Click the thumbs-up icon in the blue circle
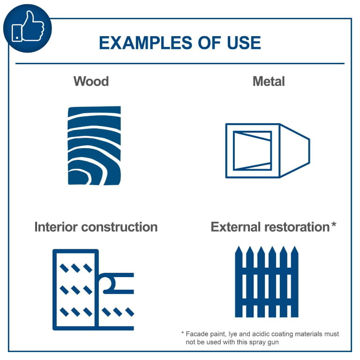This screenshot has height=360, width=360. pos(28,26)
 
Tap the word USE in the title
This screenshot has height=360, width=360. pos(244,43)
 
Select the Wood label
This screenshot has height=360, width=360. pos(91,81)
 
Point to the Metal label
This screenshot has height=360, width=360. pos(269,81)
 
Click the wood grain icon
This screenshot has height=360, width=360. pos(94,145)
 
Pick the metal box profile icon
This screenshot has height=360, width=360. pos(268,150)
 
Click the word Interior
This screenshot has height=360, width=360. pos(56,227)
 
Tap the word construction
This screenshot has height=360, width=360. pos(120,227)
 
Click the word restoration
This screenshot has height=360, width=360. pos(297,227)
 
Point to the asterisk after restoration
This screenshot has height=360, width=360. pos(334,224)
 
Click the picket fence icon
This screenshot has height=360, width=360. pos(267,282)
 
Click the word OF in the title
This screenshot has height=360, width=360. pos(210,43)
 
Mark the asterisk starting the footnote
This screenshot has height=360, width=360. pos(182,333)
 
